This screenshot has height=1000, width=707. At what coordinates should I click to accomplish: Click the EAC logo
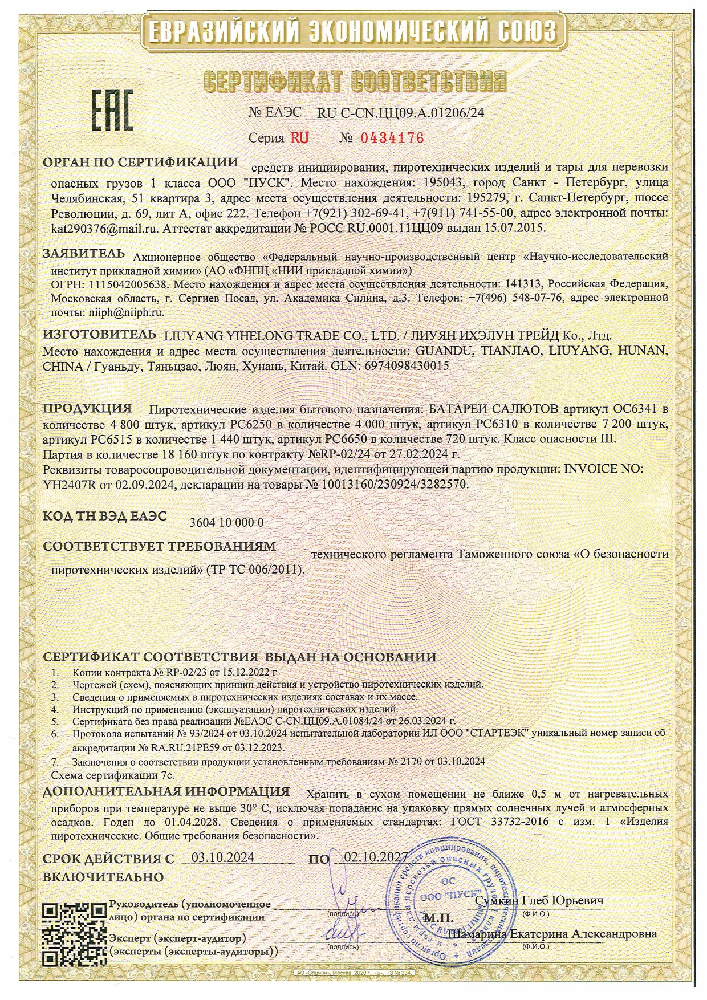[x=112, y=109]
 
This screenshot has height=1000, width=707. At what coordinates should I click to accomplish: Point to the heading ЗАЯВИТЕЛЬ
[x=83, y=253]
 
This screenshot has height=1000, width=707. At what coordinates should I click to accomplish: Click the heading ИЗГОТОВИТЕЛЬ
[x=99, y=334]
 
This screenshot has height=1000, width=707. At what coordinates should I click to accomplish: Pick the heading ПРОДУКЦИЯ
[x=87, y=408]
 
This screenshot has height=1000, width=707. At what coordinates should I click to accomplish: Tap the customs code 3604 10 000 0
[x=226, y=522]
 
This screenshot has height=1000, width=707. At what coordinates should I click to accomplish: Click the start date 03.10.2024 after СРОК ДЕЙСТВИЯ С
[x=223, y=858]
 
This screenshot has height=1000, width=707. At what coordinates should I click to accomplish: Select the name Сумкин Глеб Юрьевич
[x=539, y=900]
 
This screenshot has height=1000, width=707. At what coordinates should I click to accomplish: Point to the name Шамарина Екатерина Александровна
[x=552, y=934]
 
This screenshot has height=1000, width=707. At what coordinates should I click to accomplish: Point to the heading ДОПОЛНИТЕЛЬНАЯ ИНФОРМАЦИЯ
[x=166, y=791]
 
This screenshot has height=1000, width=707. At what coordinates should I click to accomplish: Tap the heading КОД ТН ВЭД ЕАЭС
[x=105, y=516]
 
